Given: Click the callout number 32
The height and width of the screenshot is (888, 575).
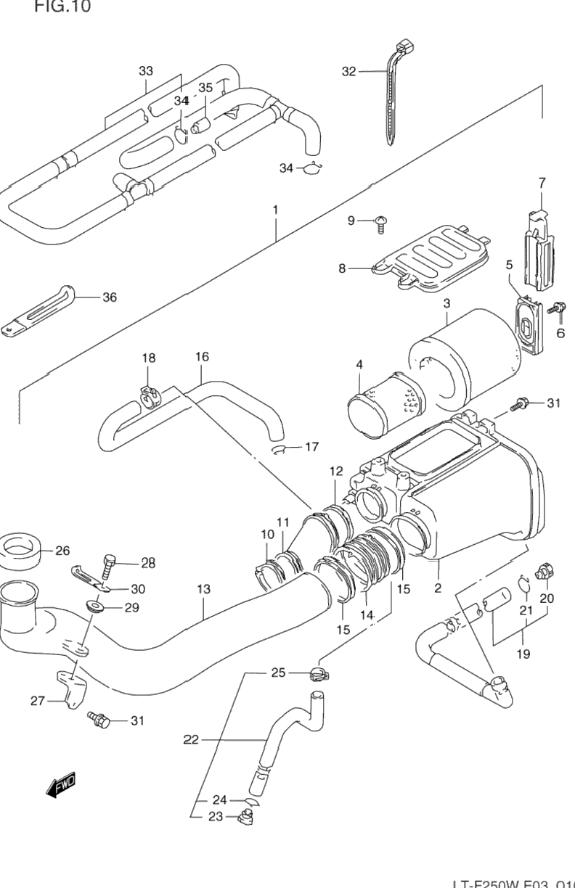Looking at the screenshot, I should click(349, 71).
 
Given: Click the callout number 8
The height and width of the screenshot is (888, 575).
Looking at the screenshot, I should click(342, 268).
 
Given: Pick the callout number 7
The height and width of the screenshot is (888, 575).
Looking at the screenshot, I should click(542, 183).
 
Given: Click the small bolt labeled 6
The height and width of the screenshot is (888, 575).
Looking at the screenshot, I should click(557, 309).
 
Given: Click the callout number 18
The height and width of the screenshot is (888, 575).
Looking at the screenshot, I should click(148, 358).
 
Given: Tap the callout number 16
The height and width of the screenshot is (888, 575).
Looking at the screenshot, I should click(202, 357).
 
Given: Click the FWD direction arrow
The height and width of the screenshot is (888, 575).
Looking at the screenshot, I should click(60, 786).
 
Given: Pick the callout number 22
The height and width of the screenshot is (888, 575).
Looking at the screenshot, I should click(191, 740).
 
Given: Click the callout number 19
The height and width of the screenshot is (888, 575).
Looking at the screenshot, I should click(523, 654).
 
